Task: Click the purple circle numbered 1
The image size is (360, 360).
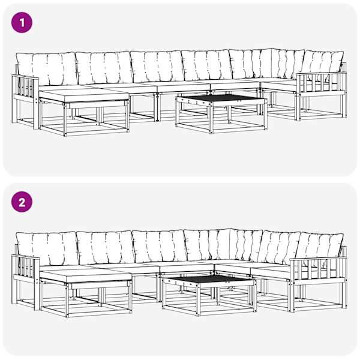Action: (x=22, y=23)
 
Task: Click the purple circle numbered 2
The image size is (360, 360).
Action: (x=22, y=202)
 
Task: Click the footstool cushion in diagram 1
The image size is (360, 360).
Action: (x=84, y=95)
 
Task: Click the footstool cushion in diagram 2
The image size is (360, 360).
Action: (x=85, y=276)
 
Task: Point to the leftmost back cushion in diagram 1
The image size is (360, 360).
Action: (x=47, y=68)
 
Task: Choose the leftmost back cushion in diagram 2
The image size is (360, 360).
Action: (x=47, y=249)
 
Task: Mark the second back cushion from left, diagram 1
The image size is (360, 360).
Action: (x=104, y=67)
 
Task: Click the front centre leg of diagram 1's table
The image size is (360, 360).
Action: (x=211, y=118)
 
